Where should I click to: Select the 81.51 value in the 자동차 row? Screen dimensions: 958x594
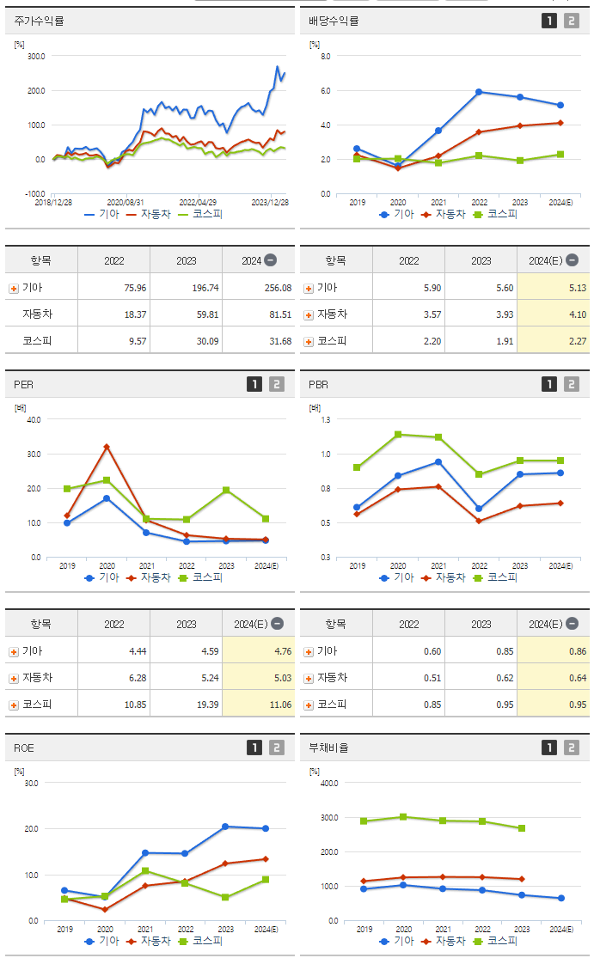(x=268, y=314)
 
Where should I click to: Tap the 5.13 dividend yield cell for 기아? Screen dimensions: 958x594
(x=577, y=288)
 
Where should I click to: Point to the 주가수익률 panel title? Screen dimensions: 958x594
(x=40, y=21)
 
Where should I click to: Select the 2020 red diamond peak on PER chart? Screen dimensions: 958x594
(x=107, y=447)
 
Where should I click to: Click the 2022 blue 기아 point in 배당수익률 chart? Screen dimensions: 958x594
(x=479, y=92)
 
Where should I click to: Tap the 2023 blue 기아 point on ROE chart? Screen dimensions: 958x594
(x=225, y=827)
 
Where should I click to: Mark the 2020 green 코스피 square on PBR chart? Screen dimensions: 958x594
(x=397, y=435)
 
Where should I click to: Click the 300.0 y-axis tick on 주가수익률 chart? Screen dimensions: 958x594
(x=35, y=56)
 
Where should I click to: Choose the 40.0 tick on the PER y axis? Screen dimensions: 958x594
(x=34, y=419)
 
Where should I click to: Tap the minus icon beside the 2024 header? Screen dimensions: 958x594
(x=270, y=259)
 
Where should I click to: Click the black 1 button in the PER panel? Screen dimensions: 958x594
(x=254, y=385)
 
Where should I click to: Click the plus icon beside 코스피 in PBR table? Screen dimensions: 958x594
(x=309, y=705)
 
